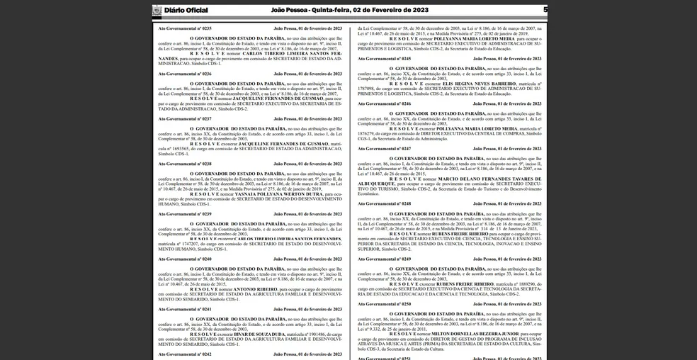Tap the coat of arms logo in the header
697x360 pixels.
pos(157,10)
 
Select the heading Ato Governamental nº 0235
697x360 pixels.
pos(185,28)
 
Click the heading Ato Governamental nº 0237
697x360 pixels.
pos(185,118)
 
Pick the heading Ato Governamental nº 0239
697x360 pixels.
pos(185,213)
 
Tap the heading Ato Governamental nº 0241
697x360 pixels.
pos(185,309)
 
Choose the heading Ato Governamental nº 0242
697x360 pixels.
pos(185,354)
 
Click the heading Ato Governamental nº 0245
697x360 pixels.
pos(384,58)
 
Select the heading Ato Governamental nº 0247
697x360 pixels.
pos(384,149)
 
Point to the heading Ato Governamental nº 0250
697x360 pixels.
pos(384,304)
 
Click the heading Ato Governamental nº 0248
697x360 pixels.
pos(384,203)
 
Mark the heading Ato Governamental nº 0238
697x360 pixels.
pos(185,164)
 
